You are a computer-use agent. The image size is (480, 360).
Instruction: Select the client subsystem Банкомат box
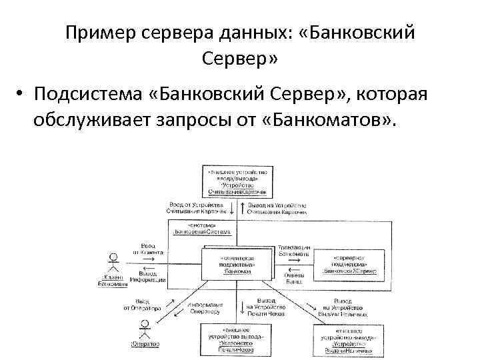(x=237, y=265)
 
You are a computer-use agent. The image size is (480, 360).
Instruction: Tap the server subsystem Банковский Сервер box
(x=346, y=265)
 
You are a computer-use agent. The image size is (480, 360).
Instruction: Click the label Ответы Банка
(x=293, y=277)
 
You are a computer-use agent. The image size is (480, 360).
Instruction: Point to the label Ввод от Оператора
(x=142, y=305)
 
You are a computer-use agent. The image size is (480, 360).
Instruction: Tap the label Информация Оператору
(x=205, y=308)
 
